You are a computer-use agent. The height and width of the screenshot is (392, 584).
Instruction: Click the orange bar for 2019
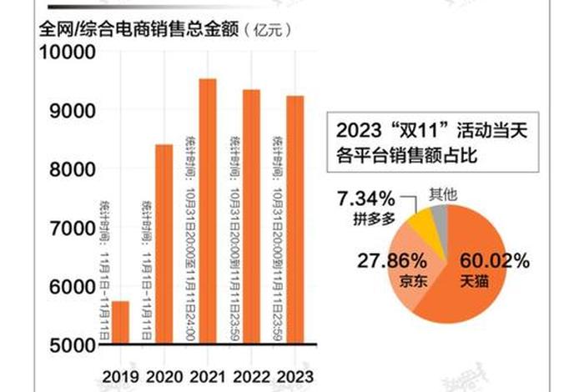click(x=121, y=322)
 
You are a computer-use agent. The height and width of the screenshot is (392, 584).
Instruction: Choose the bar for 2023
click(x=294, y=220)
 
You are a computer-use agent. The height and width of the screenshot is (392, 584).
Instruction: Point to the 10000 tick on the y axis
click(x=66, y=52)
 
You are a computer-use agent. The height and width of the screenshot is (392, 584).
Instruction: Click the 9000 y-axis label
click(x=70, y=110)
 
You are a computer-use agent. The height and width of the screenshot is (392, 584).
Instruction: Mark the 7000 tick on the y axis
click(x=70, y=228)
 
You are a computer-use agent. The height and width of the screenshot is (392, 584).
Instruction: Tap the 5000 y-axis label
click(x=70, y=344)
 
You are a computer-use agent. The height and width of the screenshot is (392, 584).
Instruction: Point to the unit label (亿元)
click(x=266, y=31)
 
